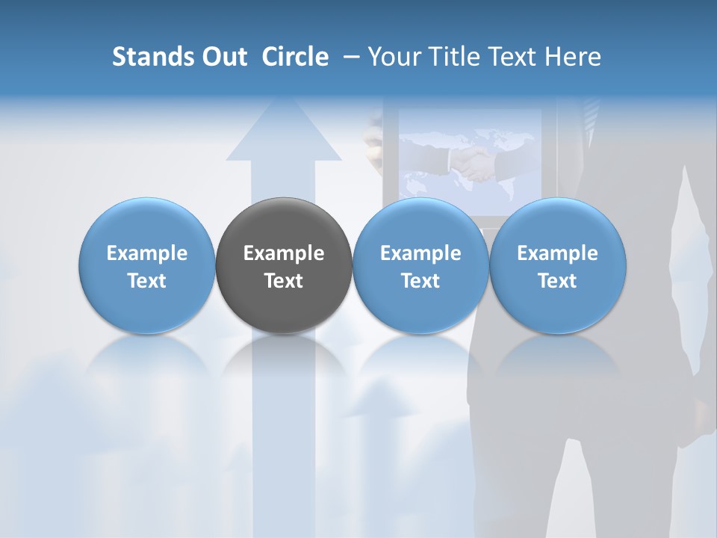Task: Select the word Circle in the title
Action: tap(295, 57)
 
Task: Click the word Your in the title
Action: tap(393, 57)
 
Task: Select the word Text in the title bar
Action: tap(509, 57)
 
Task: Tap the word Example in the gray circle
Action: tap(284, 253)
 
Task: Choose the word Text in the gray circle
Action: tap(284, 281)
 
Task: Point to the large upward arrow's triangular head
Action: tap(284, 134)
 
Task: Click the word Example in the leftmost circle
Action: tap(147, 253)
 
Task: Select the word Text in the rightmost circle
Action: tap(558, 281)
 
